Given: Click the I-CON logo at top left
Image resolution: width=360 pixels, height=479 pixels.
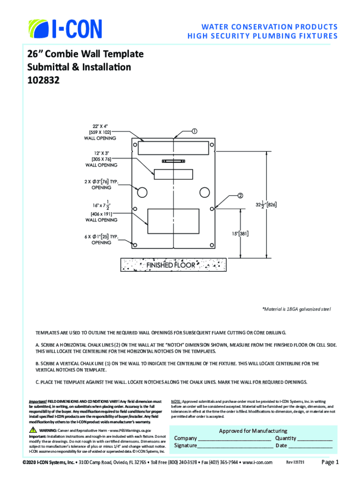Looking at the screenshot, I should [65, 29].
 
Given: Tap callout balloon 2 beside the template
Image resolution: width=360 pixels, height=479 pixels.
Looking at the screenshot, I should [239, 195].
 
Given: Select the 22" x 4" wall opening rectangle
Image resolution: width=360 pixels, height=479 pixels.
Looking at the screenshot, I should [174, 148].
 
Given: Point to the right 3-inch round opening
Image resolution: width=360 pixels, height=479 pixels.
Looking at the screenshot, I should [205, 192].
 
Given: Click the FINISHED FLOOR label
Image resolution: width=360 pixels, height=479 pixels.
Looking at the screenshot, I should [172, 265].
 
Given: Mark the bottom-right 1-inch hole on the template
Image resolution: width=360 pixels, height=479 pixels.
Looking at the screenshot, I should [212, 245].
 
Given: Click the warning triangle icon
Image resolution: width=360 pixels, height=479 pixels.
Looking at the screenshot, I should [33, 429].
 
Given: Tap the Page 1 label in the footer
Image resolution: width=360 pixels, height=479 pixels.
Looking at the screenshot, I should [330, 462].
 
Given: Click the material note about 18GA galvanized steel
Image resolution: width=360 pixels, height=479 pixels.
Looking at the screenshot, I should [296, 309].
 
